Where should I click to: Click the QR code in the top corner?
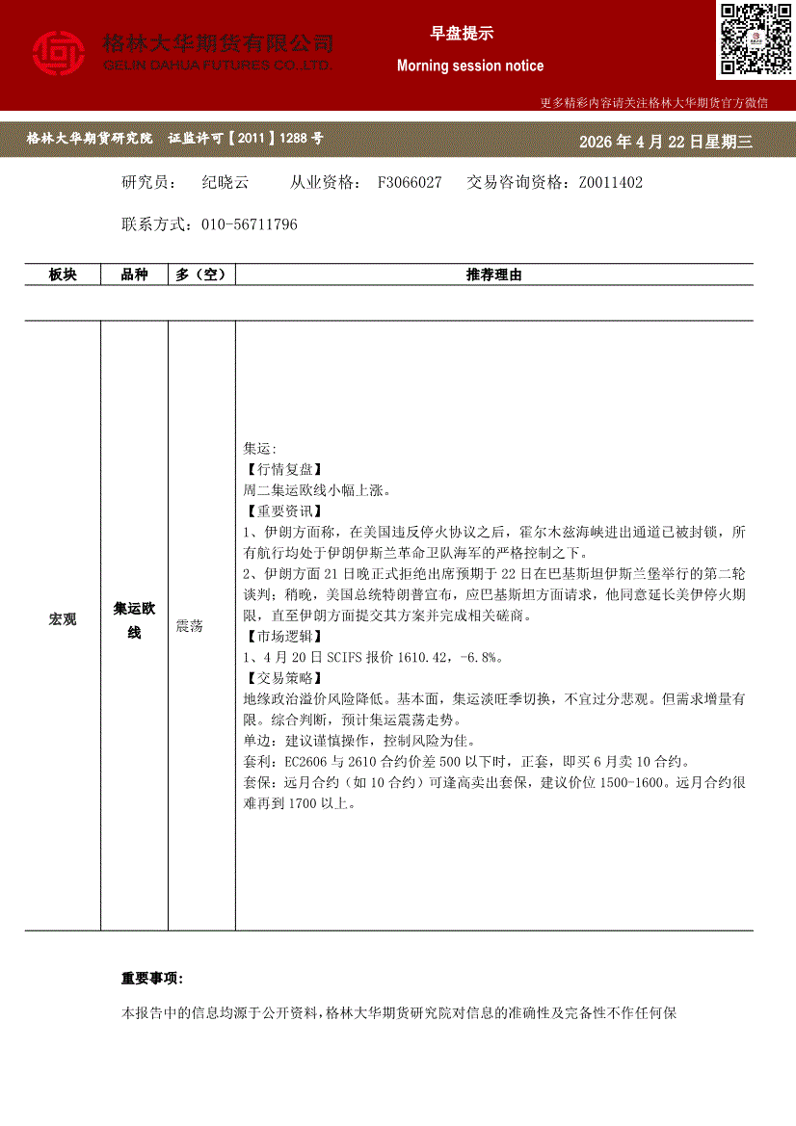(x=755, y=39)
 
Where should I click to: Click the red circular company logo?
(x=59, y=54)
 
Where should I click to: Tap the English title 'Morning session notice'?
(x=470, y=66)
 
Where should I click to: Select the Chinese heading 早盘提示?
(x=462, y=34)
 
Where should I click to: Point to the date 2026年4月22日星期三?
(x=665, y=143)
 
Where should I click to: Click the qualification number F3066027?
(x=410, y=182)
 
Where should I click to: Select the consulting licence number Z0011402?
(x=610, y=182)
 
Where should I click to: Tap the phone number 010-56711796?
(x=250, y=224)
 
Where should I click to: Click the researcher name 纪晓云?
(x=226, y=182)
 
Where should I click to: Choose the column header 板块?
(x=63, y=275)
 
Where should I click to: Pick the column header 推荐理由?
(x=494, y=275)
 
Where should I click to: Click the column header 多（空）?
(x=201, y=275)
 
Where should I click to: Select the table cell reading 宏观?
(x=63, y=619)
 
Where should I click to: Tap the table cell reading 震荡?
(x=190, y=626)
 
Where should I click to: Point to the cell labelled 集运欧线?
(x=135, y=620)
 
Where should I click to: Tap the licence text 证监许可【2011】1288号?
(x=246, y=139)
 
